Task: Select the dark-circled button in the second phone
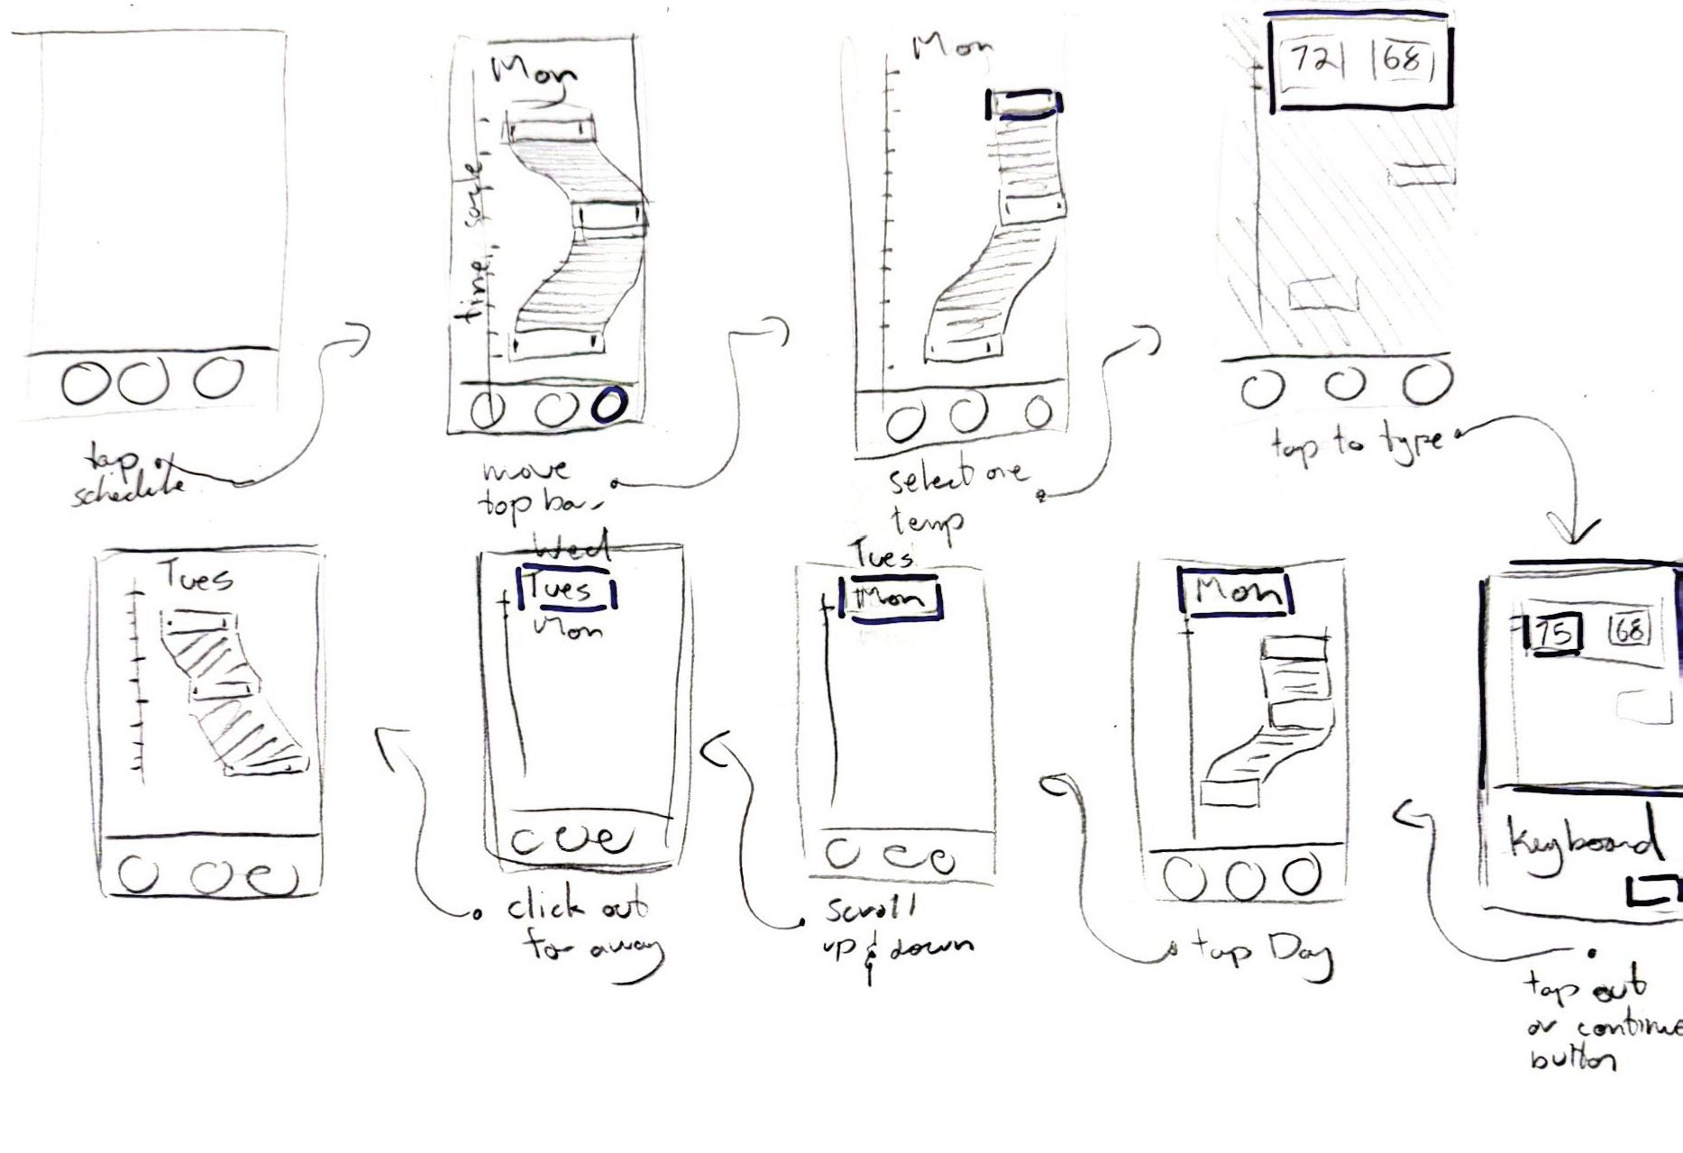point(608,406)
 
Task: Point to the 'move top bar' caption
point(532,490)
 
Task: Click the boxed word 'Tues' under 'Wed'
point(564,590)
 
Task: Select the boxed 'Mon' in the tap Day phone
point(1236,593)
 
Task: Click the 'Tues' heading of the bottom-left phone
point(197,576)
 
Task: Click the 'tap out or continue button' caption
point(1596,1023)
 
